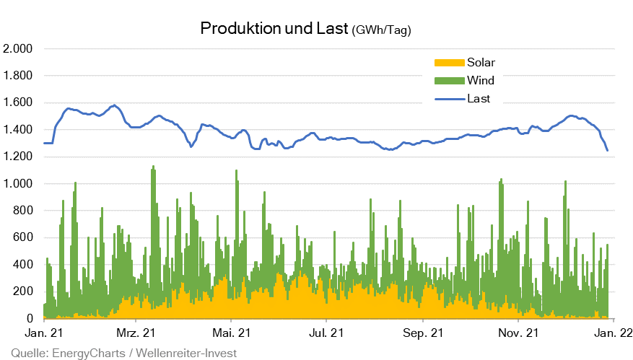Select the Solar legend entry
tap(481, 63)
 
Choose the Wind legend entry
tap(481, 80)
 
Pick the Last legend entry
tap(479, 98)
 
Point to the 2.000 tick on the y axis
tap(19, 49)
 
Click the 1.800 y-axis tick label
tap(19, 76)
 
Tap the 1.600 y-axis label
tap(19, 102)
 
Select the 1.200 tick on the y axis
tap(19, 157)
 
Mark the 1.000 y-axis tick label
tap(19, 184)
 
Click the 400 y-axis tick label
tap(24, 265)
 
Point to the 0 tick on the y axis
tap(30, 319)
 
